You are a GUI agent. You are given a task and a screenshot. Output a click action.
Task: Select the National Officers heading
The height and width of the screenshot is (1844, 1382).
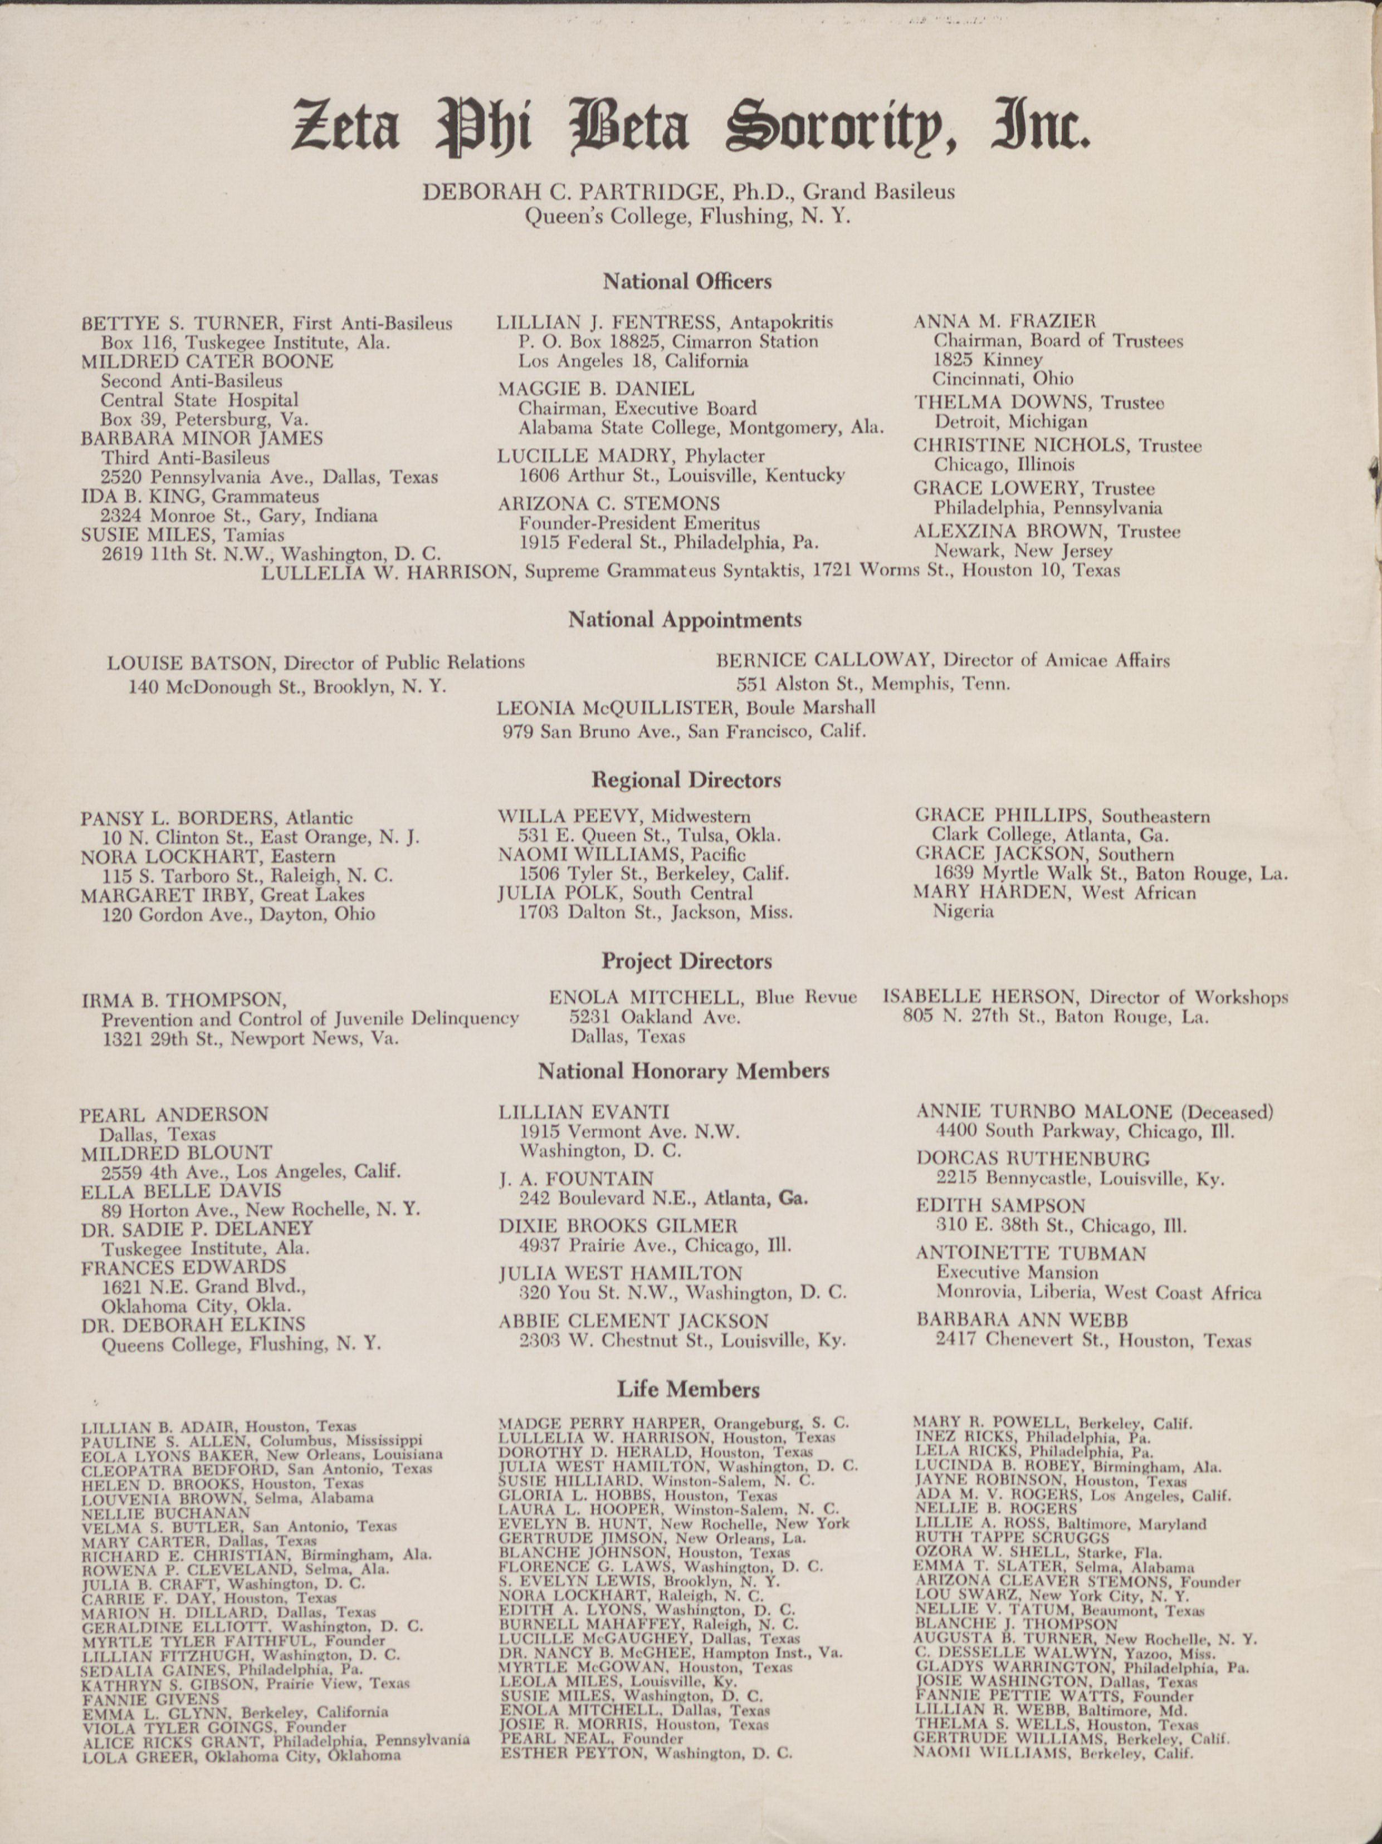tap(687, 282)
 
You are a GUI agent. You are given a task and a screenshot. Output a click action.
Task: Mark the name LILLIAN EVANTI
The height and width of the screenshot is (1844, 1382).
tap(584, 1112)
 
